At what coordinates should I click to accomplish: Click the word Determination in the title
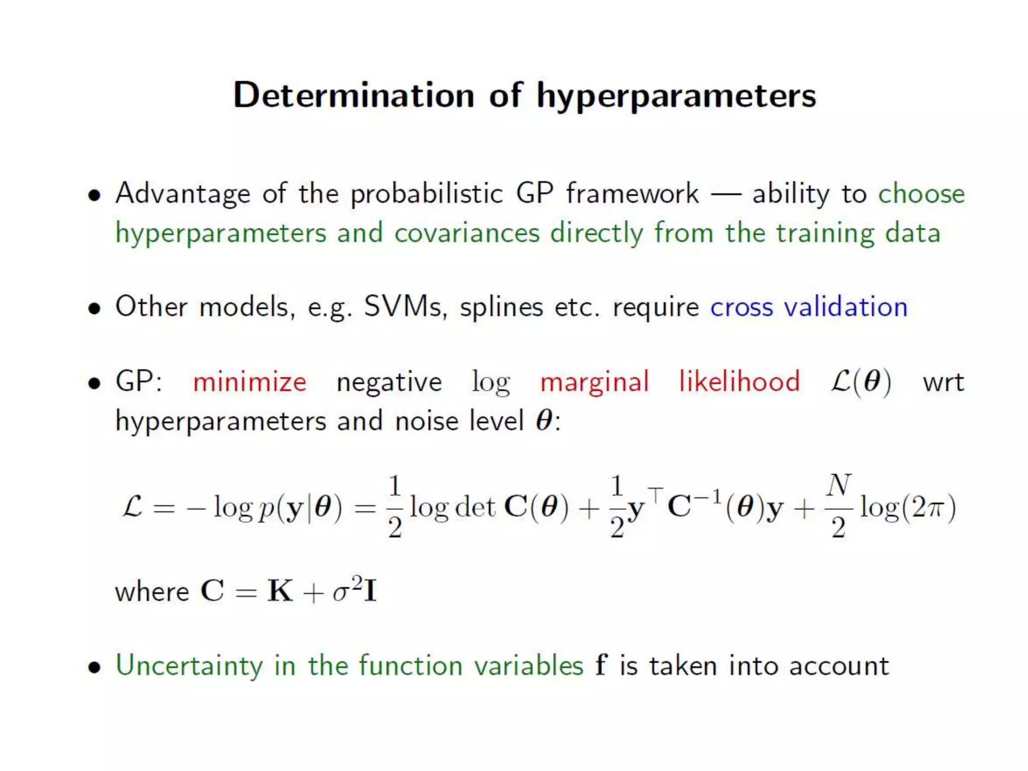click(x=353, y=95)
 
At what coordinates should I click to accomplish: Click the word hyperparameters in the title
click(x=676, y=96)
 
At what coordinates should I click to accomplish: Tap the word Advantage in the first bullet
click(x=183, y=194)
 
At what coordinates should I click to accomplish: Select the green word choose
click(x=921, y=194)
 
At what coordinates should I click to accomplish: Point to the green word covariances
click(x=467, y=233)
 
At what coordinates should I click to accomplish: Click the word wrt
click(x=943, y=382)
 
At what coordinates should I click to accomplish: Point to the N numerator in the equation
click(x=839, y=485)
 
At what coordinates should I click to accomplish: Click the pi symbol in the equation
click(x=935, y=508)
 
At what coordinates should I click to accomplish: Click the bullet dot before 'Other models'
click(x=94, y=308)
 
